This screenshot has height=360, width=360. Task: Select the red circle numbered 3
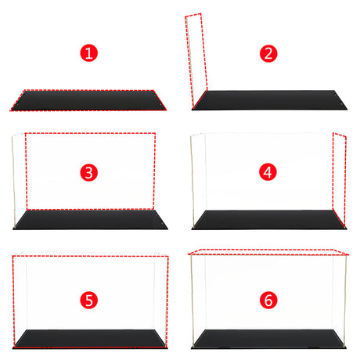[90, 171]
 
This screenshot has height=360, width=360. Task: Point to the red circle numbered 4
[268, 171]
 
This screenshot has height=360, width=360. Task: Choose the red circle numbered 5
[90, 299]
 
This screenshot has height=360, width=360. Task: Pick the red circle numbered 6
[268, 299]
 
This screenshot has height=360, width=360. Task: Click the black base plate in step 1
[90, 100]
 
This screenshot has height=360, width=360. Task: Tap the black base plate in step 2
[270, 100]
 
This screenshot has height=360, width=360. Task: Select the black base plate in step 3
[90, 220]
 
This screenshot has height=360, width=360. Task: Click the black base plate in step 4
[268, 220]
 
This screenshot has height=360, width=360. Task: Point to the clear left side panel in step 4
[197, 176]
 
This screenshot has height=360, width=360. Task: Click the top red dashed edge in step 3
[90, 133]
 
